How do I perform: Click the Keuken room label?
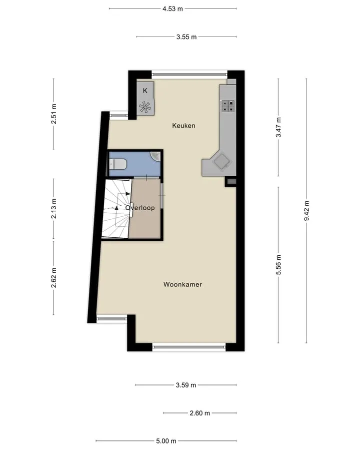(183, 126)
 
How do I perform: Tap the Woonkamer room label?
(182, 284)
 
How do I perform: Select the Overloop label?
(140, 208)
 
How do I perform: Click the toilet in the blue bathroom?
(117, 165)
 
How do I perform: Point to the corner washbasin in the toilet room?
(156, 156)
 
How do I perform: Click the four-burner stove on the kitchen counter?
(228, 106)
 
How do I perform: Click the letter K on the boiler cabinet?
(145, 91)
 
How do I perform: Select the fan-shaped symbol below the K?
(145, 107)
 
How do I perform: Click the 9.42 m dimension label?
(306, 211)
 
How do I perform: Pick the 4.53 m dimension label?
(172, 9)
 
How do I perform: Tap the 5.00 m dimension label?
(166, 441)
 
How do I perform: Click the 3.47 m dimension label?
(278, 128)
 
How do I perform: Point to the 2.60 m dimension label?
(200, 413)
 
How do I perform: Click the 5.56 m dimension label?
(278, 265)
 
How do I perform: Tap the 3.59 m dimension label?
(186, 385)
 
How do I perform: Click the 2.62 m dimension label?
(54, 278)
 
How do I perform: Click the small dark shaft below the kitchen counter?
(231, 182)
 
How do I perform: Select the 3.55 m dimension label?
(186, 37)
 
